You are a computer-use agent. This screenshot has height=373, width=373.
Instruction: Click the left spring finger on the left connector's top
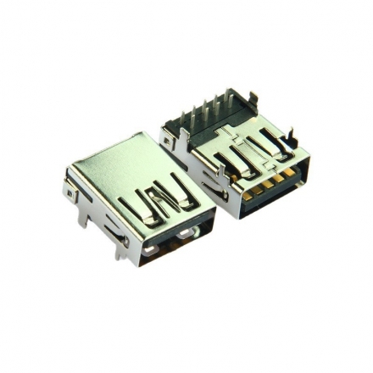136,208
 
